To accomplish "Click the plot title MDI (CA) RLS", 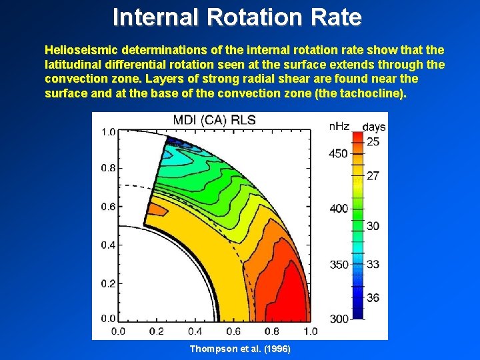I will pyautogui.click(x=215, y=121).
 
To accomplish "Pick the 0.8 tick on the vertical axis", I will pyautogui.click(x=107, y=168).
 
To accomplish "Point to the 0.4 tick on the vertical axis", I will pyautogui.click(x=107, y=245).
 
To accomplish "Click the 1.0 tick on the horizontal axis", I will pyautogui.click(x=311, y=331).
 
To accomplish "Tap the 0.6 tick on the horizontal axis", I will pyautogui.click(x=233, y=331).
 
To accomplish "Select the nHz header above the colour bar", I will pyautogui.click(x=339, y=126).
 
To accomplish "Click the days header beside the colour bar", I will pyautogui.click(x=374, y=126).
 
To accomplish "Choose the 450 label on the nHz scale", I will pyautogui.click(x=339, y=153).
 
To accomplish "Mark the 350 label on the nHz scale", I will pyautogui.click(x=339, y=265).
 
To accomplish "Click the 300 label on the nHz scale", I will pyautogui.click(x=339, y=319).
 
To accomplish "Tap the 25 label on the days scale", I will pyautogui.click(x=373, y=142).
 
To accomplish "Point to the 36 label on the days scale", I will pyautogui.click(x=373, y=297).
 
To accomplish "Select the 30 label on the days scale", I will pyautogui.click(x=373, y=226).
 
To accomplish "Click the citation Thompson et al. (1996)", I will pyautogui.click(x=240, y=349).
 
